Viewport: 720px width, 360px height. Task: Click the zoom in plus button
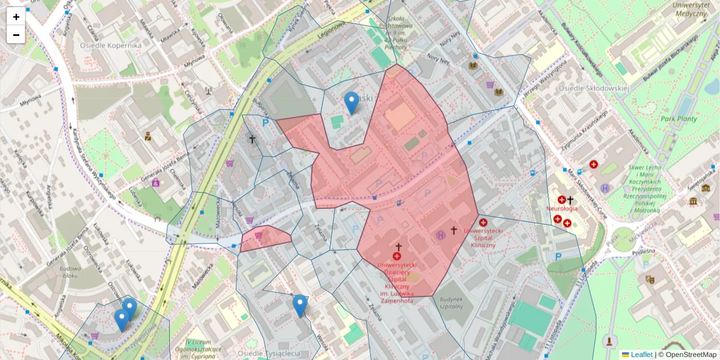pos(16,17)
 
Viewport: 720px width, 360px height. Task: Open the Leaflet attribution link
pos(641,355)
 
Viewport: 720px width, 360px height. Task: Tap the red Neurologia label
pos(562,209)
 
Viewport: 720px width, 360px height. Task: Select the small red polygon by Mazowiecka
pos(266,238)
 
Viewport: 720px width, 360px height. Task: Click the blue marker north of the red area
pos(352,102)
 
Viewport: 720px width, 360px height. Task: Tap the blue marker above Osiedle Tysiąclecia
pos(300,305)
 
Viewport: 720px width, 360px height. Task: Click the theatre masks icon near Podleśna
pos(649,279)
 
